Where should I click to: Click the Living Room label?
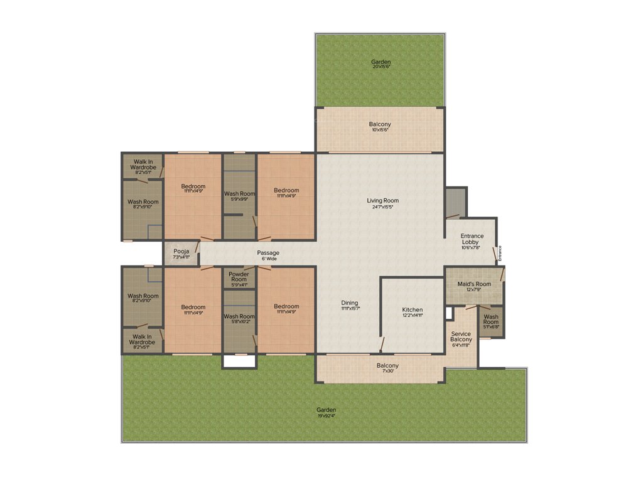pyautogui.click(x=383, y=201)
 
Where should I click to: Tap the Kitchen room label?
pyautogui.click(x=413, y=310)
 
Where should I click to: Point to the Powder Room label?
pyautogui.click(x=239, y=277)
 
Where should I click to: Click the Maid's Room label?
pyautogui.click(x=474, y=284)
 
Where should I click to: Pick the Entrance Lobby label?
pyautogui.click(x=472, y=239)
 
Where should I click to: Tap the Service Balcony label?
pyautogui.click(x=462, y=337)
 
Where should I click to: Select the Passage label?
pyautogui.click(x=268, y=253)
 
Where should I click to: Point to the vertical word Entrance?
pyautogui.click(x=500, y=252)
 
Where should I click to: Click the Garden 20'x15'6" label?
pyautogui.click(x=381, y=62)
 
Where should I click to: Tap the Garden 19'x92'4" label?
pyautogui.click(x=326, y=410)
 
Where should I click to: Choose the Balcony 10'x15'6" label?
pyautogui.click(x=380, y=124)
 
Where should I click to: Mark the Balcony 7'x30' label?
pyautogui.click(x=387, y=366)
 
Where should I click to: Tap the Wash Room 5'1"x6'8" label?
pyautogui.click(x=491, y=319)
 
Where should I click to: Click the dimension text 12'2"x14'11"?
pyautogui.click(x=413, y=316)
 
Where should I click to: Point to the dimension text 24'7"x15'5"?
pyautogui.click(x=383, y=207)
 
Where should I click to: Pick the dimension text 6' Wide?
pyautogui.click(x=268, y=259)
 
